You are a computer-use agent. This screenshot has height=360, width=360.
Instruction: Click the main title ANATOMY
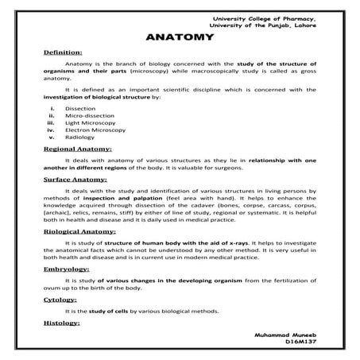tap(180, 37)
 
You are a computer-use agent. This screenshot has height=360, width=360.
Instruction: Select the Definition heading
tap(60, 52)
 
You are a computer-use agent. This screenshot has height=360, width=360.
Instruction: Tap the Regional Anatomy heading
tap(77, 149)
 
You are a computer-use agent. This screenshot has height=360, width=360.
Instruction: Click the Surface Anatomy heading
tap(74, 180)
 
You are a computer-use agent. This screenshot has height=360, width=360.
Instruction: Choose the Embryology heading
tap(66, 269)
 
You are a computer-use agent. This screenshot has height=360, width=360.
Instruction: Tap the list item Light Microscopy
tap(87, 122)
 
